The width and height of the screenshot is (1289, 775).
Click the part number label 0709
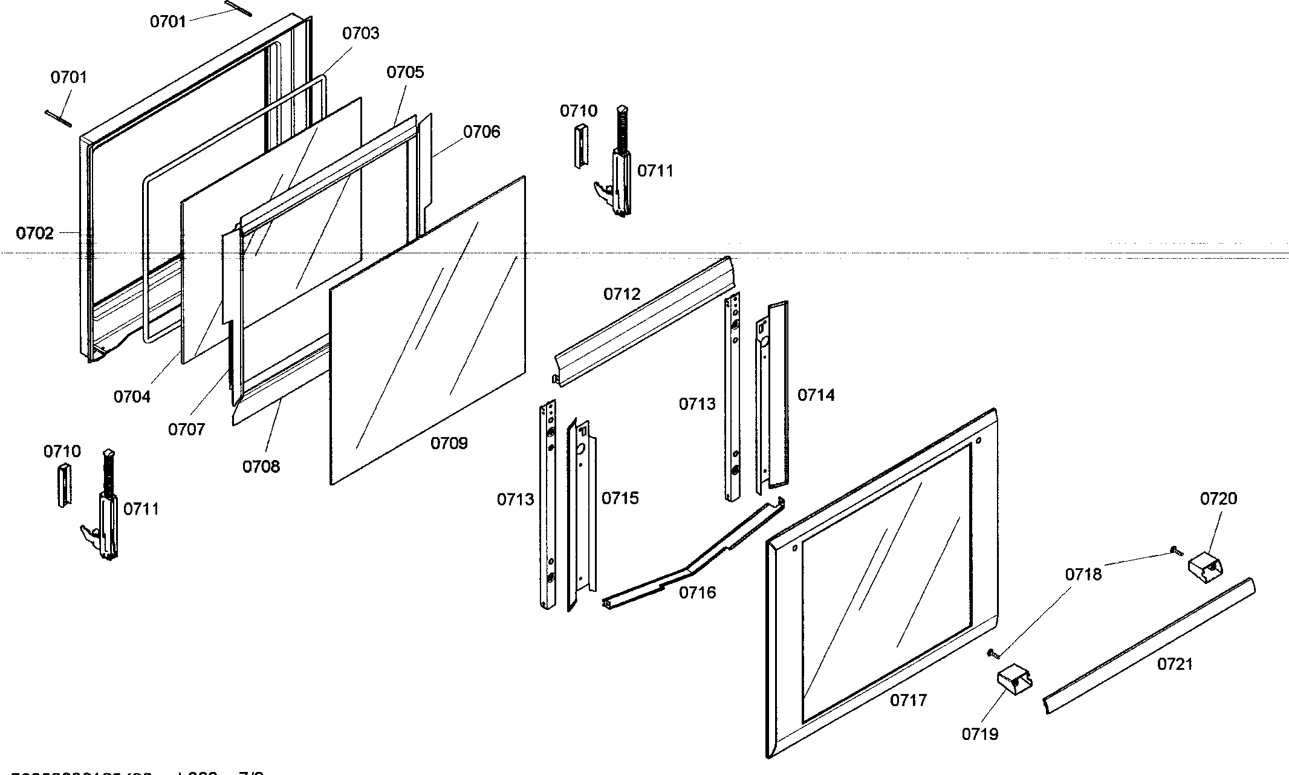click(x=449, y=444)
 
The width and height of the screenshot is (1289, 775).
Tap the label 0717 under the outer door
click(x=908, y=701)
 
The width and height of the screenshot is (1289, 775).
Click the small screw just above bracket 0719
click(x=993, y=653)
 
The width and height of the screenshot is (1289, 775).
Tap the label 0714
click(x=816, y=395)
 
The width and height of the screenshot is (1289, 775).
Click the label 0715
click(x=620, y=498)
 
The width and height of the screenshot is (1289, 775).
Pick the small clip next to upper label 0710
click(x=580, y=146)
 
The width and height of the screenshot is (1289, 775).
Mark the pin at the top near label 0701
click(x=238, y=8)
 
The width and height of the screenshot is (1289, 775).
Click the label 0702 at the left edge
click(x=34, y=233)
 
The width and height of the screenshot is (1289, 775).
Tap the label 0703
click(x=360, y=33)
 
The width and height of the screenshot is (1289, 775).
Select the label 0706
click(x=481, y=132)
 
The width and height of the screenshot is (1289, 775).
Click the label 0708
click(x=261, y=467)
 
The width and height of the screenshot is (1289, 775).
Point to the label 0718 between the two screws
click(x=1083, y=574)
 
